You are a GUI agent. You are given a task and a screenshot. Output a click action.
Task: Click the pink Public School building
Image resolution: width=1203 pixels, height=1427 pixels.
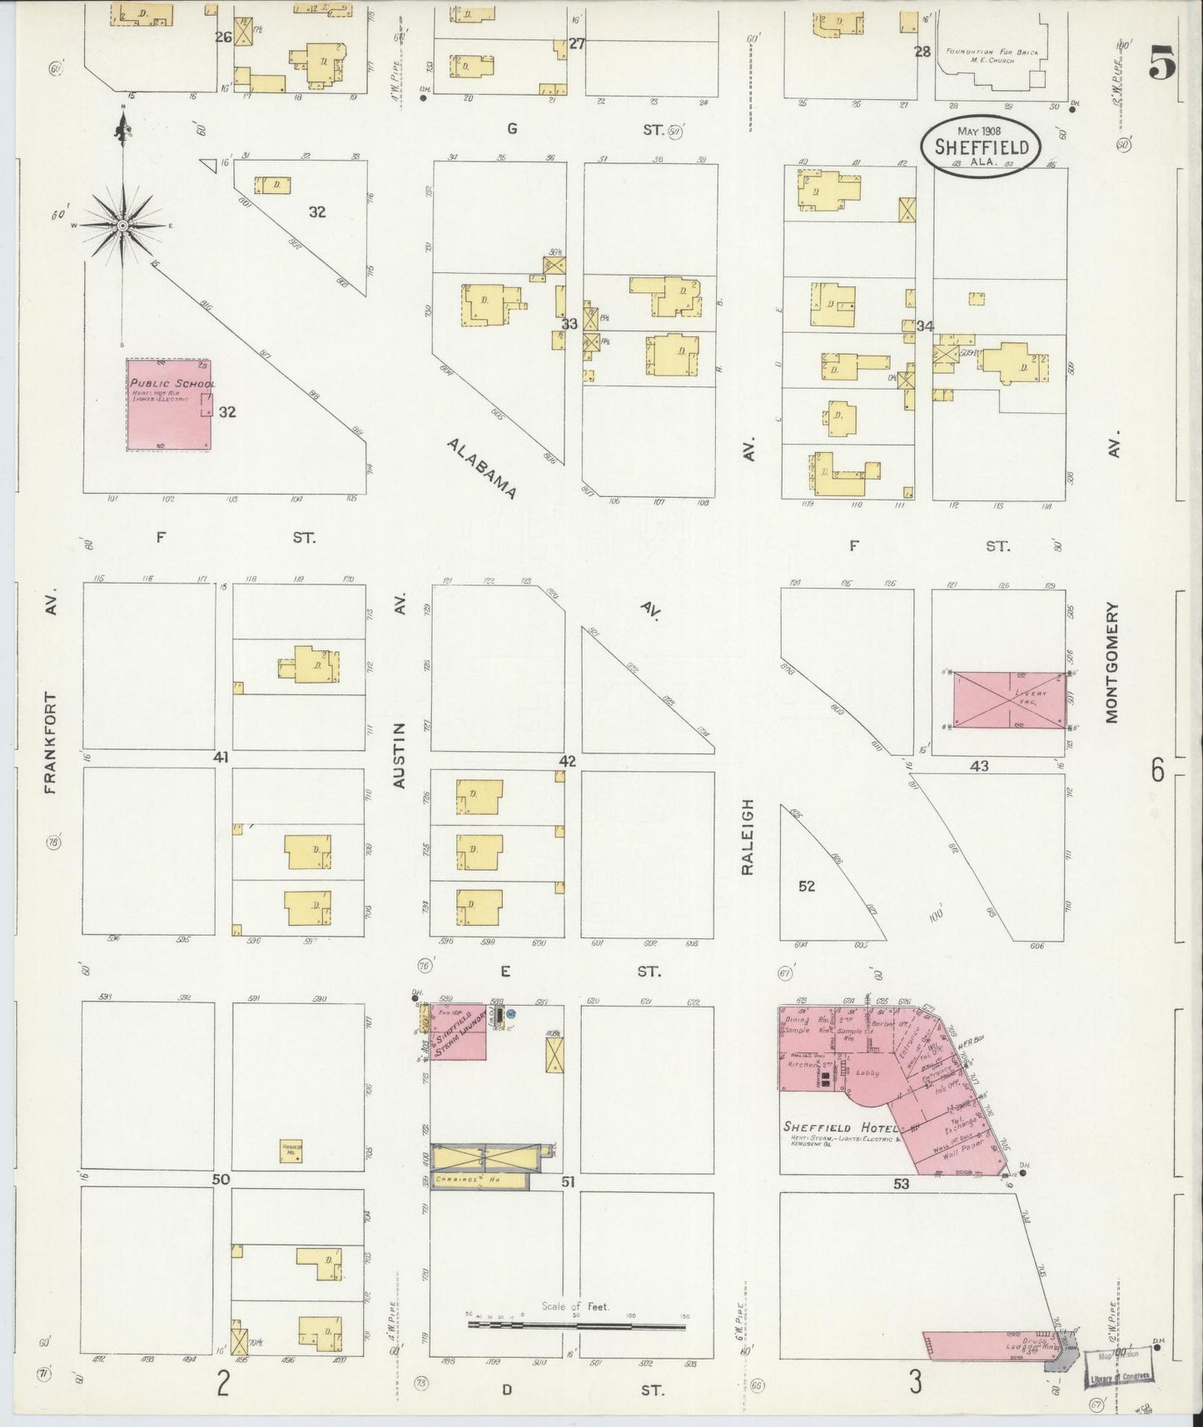168,405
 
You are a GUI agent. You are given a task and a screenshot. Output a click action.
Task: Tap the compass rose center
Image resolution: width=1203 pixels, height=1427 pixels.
122,226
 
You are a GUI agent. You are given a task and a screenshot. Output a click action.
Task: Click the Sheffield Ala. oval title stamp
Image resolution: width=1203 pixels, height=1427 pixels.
980,147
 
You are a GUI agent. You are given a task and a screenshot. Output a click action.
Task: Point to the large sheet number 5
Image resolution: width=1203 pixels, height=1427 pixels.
1162,62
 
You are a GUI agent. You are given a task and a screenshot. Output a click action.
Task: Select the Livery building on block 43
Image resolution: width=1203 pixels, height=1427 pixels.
1009,700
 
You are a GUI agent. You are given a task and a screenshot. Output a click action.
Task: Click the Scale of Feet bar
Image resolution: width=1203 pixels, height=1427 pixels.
576,1326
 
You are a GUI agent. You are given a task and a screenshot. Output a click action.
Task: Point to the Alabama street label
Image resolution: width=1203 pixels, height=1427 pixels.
481,469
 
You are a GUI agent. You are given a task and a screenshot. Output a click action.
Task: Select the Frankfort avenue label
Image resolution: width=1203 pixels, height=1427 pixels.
52,743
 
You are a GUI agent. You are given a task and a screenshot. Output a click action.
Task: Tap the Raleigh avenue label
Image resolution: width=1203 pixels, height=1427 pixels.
747,836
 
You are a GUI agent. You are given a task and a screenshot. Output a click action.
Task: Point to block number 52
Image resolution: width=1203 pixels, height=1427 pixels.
806,886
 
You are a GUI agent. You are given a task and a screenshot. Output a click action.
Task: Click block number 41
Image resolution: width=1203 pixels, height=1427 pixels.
221,757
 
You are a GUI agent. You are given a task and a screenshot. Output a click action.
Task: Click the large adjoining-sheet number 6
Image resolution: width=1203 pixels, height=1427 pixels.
1157,771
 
